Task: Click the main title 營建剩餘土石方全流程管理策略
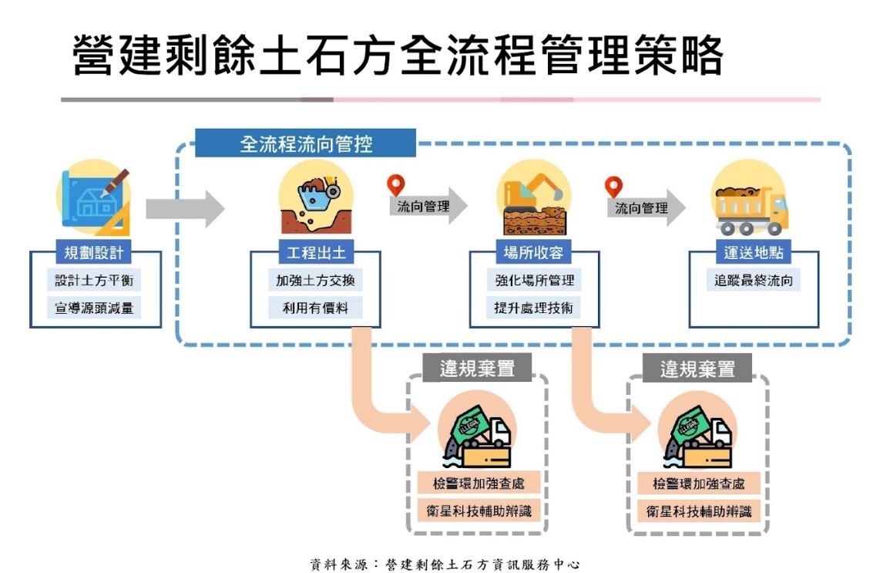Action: tap(398, 55)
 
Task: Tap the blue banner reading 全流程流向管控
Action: tap(306, 143)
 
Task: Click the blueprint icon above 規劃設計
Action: tap(94, 199)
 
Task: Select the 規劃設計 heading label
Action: tap(94, 253)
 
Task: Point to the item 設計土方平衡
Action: tap(94, 281)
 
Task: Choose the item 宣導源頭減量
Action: tap(94, 308)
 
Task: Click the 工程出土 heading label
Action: tap(316, 253)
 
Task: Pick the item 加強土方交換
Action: tap(315, 281)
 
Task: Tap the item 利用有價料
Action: tap(315, 308)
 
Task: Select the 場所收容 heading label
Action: tap(534, 253)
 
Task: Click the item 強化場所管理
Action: tap(534, 281)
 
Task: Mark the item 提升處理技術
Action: tap(534, 308)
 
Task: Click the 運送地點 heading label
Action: tap(754, 253)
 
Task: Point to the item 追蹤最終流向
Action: tap(754, 281)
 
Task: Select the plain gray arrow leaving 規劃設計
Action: tap(185, 209)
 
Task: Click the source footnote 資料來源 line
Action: tap(445, 564)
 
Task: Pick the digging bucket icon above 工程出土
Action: tap(316, 197)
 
